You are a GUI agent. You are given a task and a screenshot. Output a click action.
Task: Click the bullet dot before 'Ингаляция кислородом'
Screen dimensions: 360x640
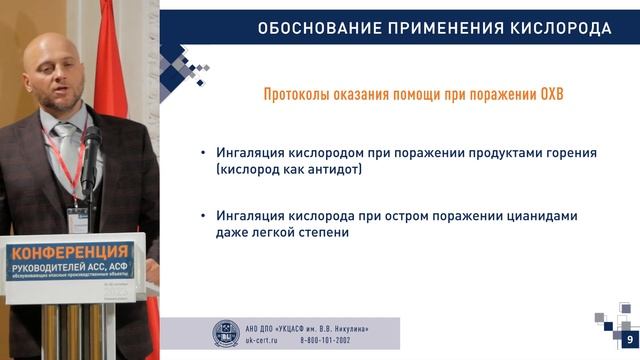pos(205,153)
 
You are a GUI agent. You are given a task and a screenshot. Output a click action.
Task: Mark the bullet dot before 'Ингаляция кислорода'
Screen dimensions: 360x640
pos(205,215)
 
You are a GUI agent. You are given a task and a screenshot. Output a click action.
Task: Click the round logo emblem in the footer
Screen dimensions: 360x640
pos(227,333)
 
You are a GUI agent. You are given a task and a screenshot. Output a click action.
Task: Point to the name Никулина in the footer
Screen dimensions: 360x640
pos(369,326)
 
